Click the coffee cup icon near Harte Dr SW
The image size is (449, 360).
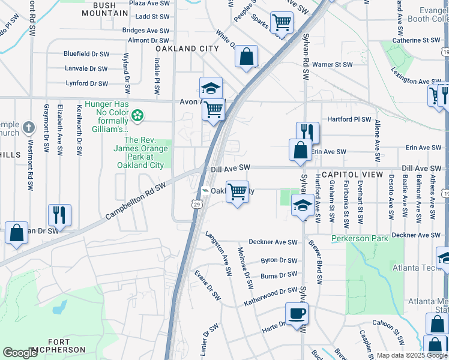tap(297, 313)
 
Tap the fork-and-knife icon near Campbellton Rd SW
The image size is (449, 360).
tap(59, 213)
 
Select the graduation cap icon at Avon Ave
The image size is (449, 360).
tap(211, 88)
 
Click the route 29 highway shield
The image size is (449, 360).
tap(196, 205)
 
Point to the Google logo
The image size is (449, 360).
tap(20, 353)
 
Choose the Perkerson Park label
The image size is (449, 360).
tap(360, 238)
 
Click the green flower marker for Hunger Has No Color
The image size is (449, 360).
tap(139, 114)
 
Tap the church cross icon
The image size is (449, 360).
tap(28, 127)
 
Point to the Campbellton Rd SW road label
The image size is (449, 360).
tap(136, 201)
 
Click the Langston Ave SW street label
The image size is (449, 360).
tap(218, 253)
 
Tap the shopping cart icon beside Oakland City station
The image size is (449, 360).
tap(237, 192)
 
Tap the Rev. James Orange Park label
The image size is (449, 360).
tap(140, 152)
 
